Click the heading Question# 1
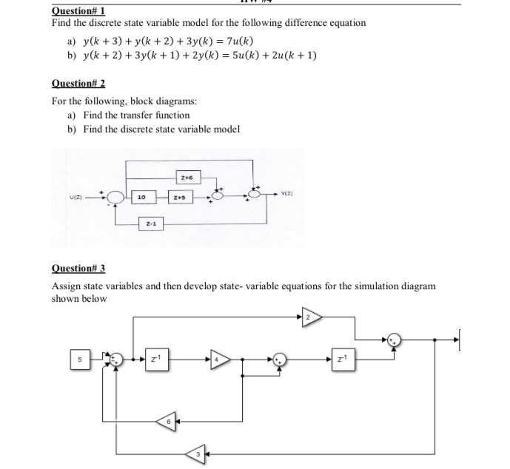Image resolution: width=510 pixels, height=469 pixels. tap(79, 10)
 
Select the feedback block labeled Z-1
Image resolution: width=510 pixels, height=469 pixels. tap(150, 223)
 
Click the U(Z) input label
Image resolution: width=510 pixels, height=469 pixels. tap(76, 197)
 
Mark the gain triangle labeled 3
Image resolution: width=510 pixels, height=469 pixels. tap(195, 452)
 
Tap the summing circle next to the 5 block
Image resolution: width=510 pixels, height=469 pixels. tap(115, 359)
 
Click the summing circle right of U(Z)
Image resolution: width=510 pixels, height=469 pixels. tap(115, 197)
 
